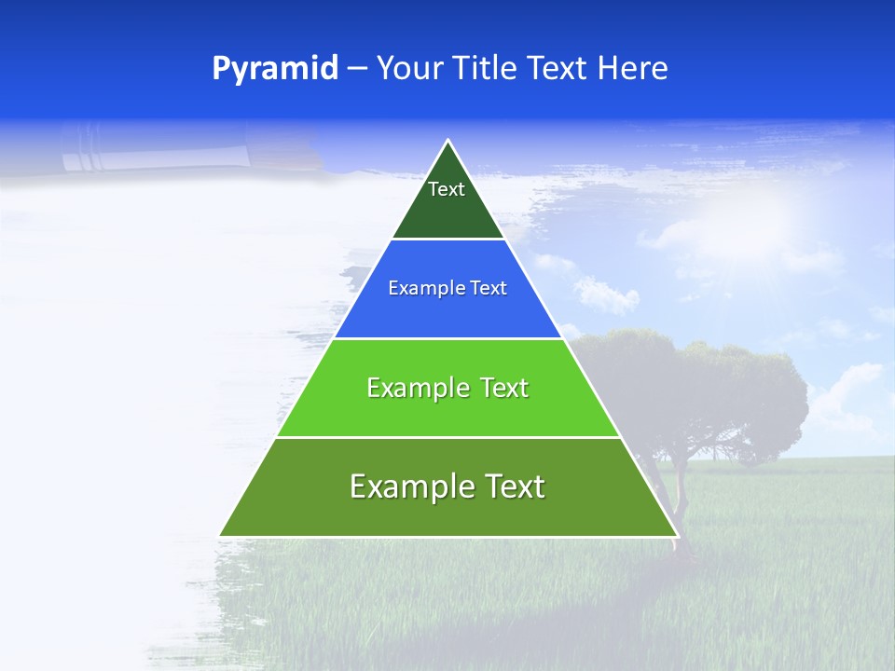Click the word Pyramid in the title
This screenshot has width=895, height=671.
275,69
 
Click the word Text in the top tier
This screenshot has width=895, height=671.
447,189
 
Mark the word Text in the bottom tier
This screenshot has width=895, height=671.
511,486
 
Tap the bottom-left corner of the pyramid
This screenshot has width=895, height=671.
221,535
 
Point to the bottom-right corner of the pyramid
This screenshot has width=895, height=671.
676,535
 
